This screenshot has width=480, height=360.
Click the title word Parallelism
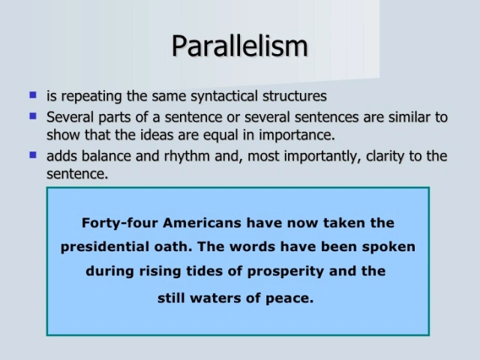(x=239, y=46)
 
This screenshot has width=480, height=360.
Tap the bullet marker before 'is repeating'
(x=32, y=95)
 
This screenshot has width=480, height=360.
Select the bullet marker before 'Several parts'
(x=32, y=115)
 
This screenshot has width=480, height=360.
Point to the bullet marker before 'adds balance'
(x=32, y=155)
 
